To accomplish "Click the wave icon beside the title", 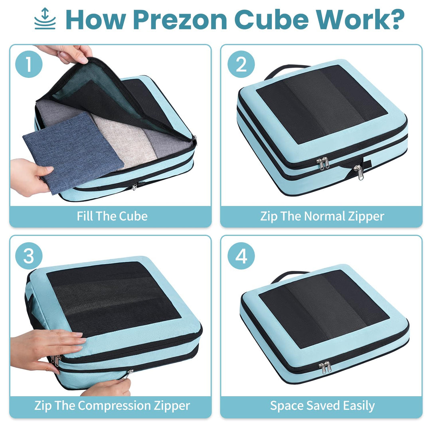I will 45,19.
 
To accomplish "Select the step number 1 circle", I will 29,65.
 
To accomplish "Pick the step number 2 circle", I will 241,65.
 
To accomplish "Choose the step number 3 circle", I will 29,256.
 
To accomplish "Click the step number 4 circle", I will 241,256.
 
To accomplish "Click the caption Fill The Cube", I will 112,216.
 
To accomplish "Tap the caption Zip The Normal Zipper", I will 322,216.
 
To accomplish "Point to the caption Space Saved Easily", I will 322,406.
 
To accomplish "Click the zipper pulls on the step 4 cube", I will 326,367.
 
